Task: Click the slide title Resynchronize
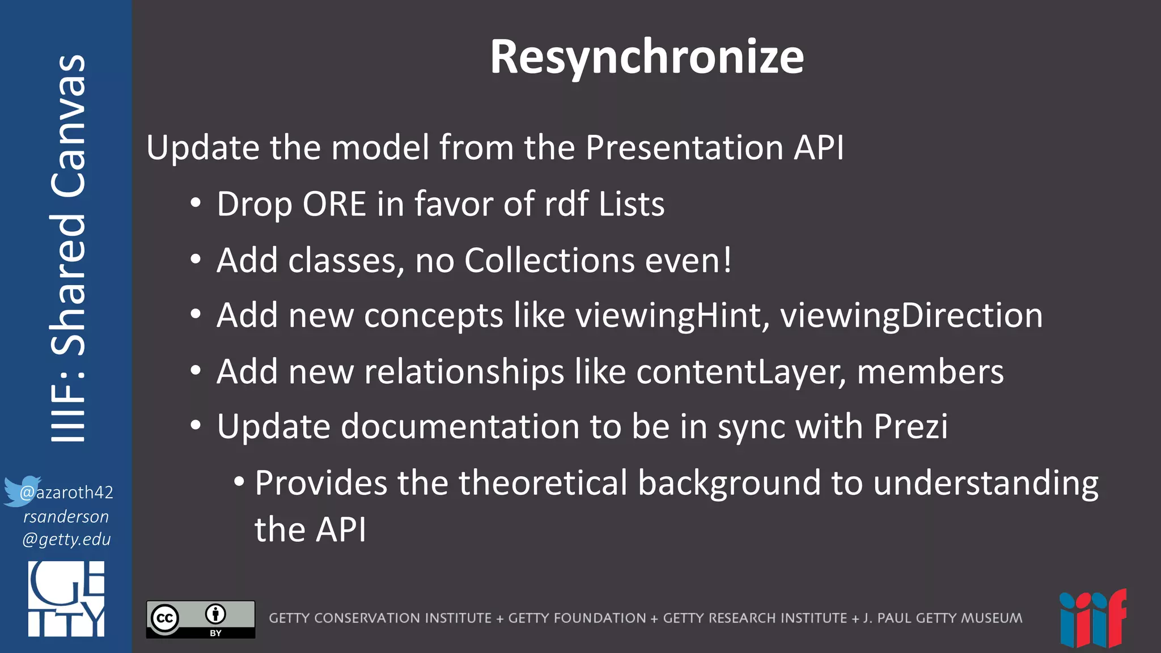[x=646, y=57]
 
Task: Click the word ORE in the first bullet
[x=334, y=204]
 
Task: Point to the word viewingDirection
[x=911, y=316]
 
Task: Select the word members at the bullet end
[x=930, y=372]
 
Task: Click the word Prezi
[x=910, y=426]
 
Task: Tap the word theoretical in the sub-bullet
[x=543, y=483]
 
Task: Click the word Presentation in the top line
[x=684, y=147]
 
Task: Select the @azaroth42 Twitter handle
[x=67, y=492]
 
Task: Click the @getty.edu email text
[x=66, y=539]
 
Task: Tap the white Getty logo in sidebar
[x=66, y=599]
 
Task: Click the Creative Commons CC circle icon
[x=165, y=618]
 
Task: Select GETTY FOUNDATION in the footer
[x=577, y=618]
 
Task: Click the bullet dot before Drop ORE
[x=196, y=203]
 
